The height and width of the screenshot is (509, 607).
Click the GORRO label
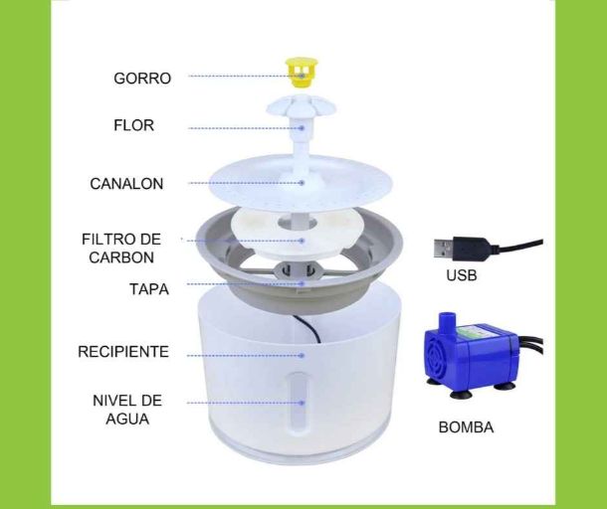click(x=142, y=79)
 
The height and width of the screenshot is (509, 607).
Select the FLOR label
click(x=133, y=125)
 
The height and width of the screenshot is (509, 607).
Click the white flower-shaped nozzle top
click(x=301, y=106)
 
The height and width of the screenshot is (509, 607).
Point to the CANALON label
click(x=126, y=184)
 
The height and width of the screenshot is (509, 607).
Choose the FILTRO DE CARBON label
click(x=121, y=249)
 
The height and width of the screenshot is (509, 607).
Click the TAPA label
click(x=149, y=289)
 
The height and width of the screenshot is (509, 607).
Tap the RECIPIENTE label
click(x=123, y=352)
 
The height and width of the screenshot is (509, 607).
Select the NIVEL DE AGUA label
click(x=127, y=410)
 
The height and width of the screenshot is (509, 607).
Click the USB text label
click(x=462, y=275)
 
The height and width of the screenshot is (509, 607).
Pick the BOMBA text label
click(x=466, y=427)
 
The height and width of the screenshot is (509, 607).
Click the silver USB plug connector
click(x=443, y=249)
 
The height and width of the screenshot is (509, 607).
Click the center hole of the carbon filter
click(x=299, y=223)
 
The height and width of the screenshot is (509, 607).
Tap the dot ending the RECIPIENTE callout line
click(x=303, y=355)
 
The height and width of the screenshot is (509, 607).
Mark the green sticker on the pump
click(x=476, y=331)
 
